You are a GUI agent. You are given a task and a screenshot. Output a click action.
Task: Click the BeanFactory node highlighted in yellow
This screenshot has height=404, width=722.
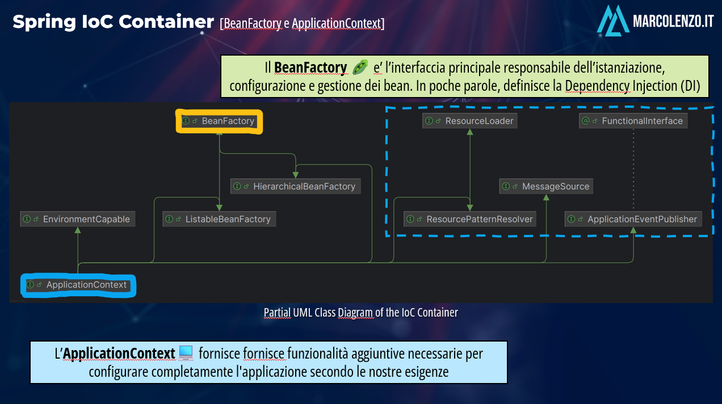tap(219, 121)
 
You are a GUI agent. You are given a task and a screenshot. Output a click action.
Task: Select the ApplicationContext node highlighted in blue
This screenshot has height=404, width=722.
tap(78, 285)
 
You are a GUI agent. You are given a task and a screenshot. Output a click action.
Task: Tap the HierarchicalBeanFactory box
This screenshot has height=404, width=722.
tap(296, 186)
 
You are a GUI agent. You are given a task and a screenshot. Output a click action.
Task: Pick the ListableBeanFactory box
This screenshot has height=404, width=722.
tap(219, 219)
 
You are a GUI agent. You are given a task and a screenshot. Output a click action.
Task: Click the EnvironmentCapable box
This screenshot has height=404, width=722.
tap(78, 219)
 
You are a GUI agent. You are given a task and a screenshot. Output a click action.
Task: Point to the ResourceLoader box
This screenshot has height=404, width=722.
tap(470, 121)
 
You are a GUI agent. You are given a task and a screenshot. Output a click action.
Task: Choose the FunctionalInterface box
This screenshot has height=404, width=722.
tap(633, 121)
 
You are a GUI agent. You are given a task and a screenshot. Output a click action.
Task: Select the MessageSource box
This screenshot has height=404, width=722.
tap(546, 186)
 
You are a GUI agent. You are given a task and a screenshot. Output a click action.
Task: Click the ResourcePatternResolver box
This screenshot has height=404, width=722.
tap(470, 219)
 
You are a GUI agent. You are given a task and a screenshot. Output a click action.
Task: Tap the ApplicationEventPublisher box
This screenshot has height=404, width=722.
tap(633, 219)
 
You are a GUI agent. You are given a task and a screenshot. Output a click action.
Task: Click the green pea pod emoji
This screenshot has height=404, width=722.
tap(360, 68)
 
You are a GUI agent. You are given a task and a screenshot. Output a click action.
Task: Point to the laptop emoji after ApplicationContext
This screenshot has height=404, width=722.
tap(186, 353)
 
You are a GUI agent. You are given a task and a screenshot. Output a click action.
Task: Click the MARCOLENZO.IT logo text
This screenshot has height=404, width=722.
tap(673, 21)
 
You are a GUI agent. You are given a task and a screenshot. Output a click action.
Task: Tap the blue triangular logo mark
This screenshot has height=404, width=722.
tap(613, 20)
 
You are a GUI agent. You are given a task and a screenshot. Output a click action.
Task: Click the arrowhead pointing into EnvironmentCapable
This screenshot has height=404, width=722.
tap(78, 230)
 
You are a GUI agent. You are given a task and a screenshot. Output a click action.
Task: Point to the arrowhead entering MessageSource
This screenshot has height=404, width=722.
tap(546, 197)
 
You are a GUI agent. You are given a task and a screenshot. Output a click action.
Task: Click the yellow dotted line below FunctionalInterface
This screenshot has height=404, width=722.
tap(633, 169)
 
